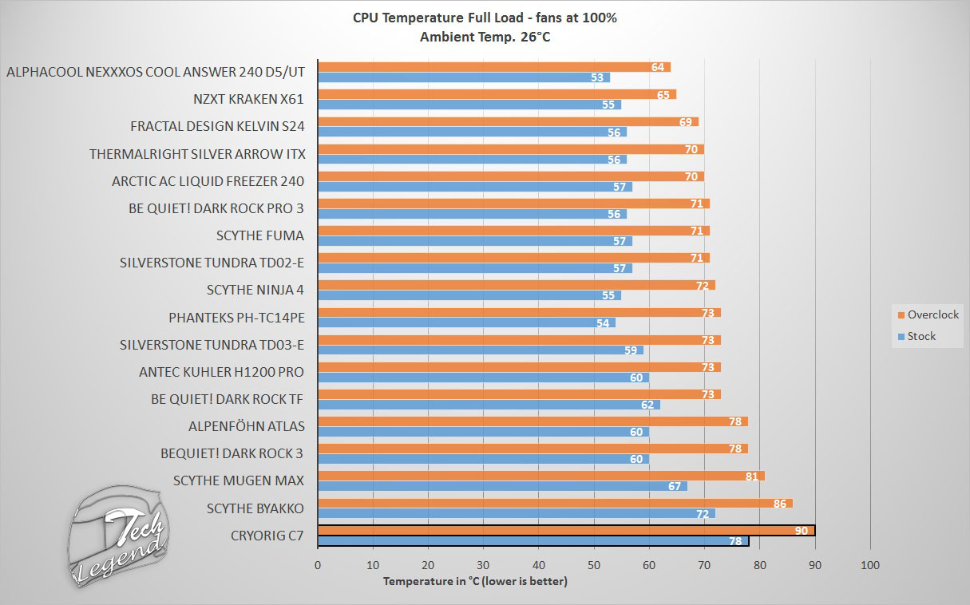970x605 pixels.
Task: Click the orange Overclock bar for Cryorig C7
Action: [x=566, y=531]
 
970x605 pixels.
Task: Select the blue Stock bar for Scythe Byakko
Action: [x=517, y=513]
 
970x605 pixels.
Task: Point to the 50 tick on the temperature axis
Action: [x=593, y=565]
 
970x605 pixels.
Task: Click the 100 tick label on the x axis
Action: [x=870, y=565]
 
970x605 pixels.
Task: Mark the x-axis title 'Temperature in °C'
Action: [x=475, y=581]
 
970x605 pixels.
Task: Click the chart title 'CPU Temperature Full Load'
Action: [x=485, y=18]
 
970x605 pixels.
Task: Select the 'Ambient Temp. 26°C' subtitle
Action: [x=485, y=36]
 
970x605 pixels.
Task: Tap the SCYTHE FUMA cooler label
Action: [x=260, y=235]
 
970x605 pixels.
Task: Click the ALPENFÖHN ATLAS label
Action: [x=246, y=426]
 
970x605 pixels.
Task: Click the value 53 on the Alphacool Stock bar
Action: [x=597, y=77]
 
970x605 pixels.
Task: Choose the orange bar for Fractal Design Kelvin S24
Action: [x=508, y=121]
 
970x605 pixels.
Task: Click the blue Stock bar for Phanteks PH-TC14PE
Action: [x=466, y=323]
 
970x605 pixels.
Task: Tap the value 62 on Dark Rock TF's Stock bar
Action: [x=647, y=405]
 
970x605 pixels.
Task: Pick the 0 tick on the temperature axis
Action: [x=318, y=565]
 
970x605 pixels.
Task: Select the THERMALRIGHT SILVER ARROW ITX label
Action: [x=197, y=153]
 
